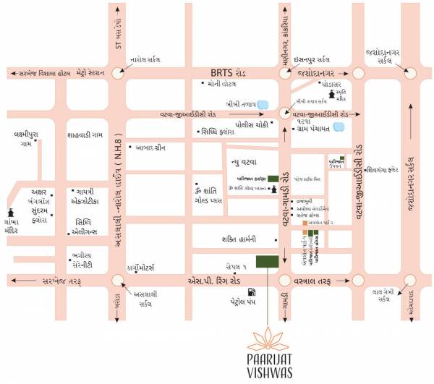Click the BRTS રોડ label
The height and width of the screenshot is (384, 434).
tap(228, 73)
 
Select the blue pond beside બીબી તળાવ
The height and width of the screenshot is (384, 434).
tap(264, 104)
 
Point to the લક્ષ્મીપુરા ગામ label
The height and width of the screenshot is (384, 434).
tap(28, 140)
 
